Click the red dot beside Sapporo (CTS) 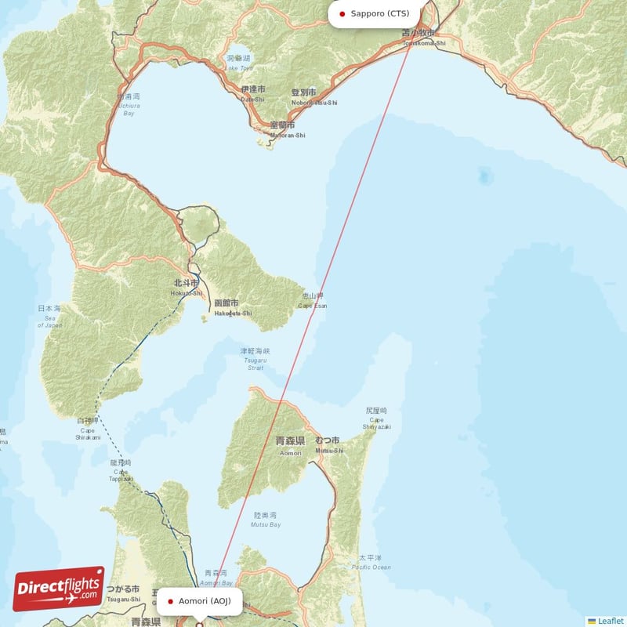pyautogui.click(x=342, y=13)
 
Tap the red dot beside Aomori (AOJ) pyautogui.click(x=170, y=601)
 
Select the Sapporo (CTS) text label pyautogui.click(x=380, y=13)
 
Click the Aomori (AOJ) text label pyautogui.click(x=205, y=601)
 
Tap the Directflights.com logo pyautogui.click(x=59, y=588)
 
